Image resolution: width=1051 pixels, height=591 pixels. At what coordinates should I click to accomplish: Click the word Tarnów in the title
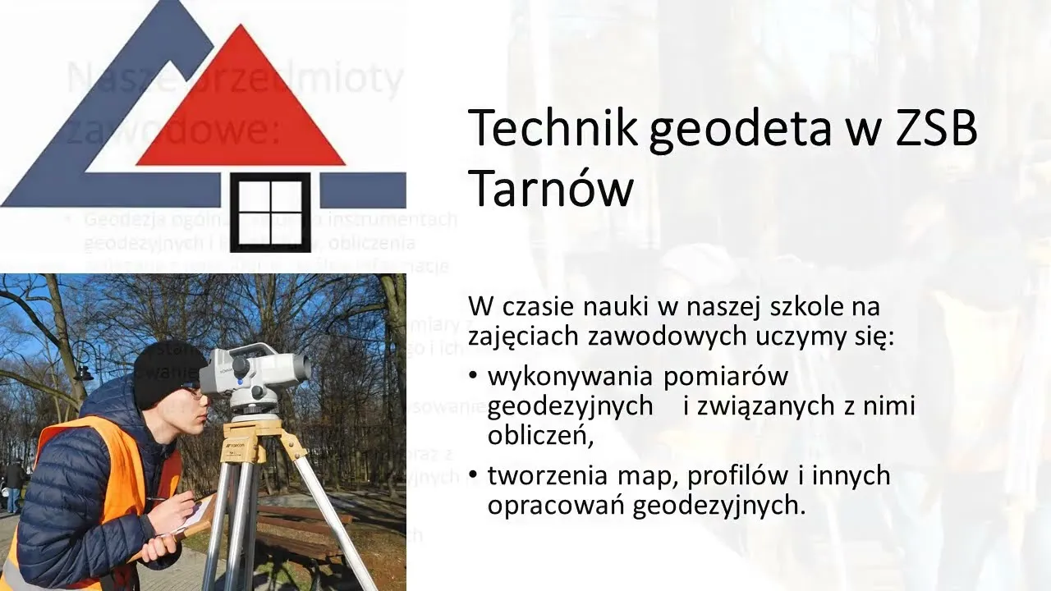pyautogui.click(x=551, y=189)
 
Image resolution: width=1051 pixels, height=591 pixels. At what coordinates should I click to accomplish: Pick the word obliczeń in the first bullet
pyautogui.click(x=539, y=435)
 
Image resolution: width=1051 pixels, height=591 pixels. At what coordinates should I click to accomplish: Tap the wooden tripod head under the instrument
pyautogui.click(x=254, y=430)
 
